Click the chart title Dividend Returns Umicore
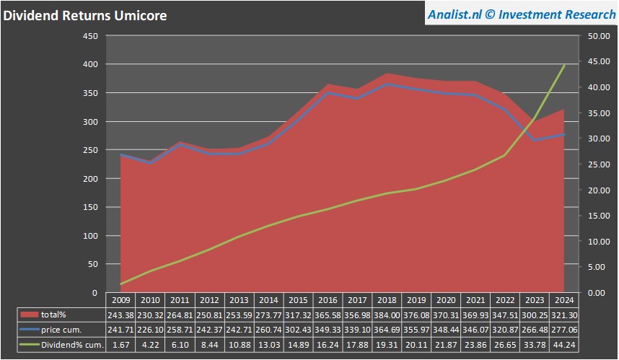85,16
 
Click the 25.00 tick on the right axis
601,164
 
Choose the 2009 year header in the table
121,299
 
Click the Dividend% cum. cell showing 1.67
121,345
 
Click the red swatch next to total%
29,315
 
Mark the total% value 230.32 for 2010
151,315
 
